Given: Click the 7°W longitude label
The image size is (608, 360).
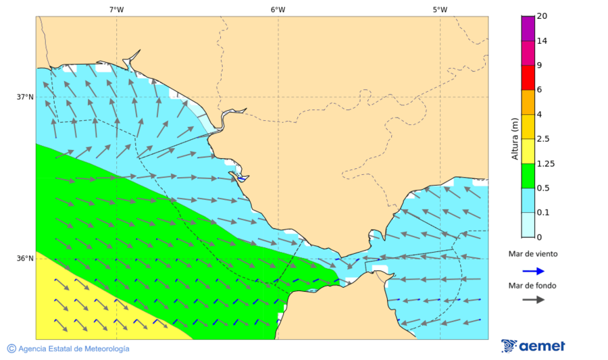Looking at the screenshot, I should click(116, 9).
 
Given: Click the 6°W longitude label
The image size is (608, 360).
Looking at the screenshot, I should click(278, 9).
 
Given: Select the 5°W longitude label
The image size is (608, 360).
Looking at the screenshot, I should click(440, 9).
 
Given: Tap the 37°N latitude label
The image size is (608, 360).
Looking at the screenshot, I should click(25, 97).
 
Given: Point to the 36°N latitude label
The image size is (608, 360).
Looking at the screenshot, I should click(25, 258).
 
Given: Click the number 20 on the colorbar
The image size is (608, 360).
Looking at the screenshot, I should click(541, 16).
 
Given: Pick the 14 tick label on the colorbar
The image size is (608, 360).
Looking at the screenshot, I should click(541, 41).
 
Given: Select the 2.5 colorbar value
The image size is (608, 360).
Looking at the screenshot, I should click(542, 139).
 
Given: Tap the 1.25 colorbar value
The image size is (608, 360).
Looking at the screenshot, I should click(544, 163).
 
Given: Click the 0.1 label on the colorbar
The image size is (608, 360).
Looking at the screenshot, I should click(542, 213).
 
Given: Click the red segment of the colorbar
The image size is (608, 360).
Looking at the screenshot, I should click(528, 77).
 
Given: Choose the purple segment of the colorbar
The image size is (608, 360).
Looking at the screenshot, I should click(528, 28).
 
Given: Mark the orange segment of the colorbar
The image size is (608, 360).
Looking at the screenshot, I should click(528, 102).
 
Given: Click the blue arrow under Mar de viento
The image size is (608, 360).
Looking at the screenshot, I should click(533, 271).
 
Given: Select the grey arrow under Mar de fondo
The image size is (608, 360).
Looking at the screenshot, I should click(533, 299).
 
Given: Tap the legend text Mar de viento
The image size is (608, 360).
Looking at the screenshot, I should click(533, 254).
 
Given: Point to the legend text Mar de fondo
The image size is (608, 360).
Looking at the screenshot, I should click(533, 285).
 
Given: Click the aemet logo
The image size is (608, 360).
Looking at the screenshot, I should click(533, 346).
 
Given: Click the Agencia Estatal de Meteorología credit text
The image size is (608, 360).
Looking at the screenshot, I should click(68, 349).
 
